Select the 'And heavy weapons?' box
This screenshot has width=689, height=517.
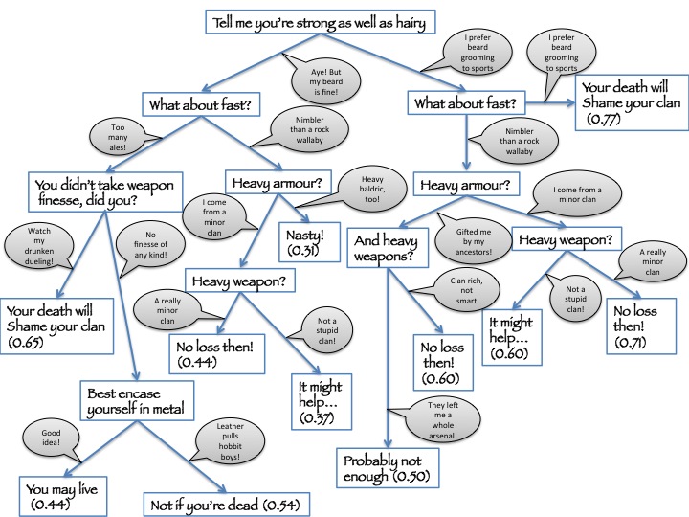click(389, 244)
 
